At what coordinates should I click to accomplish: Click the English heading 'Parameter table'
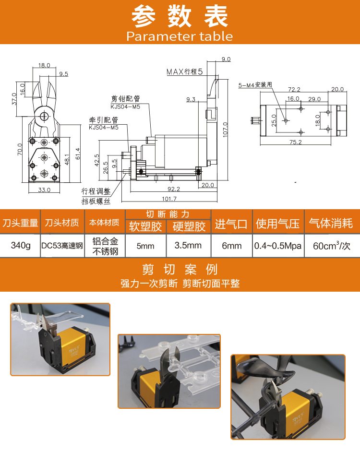tap(180, 36)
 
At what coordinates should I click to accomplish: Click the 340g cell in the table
tap(21, 245)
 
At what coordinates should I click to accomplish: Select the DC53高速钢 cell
tap(62, 246)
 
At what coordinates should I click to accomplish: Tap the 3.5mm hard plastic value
tap(188, 245)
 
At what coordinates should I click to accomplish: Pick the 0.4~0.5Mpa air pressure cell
tap(278, 246)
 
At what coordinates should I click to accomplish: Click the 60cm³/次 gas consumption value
tap(332, 246)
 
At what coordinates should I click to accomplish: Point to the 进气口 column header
tap(231, 224)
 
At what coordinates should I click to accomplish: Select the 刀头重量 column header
tap(20, 223)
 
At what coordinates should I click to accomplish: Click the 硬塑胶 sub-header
tap(189, 226)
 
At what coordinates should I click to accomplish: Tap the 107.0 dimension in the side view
tap(225, 130)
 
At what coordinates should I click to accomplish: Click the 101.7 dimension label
tap(169, 199)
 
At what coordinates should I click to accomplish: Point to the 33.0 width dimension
tap(44, 190)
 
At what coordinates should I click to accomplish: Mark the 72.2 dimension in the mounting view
tap(294, 89)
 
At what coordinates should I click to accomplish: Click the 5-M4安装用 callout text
tap(255, 85)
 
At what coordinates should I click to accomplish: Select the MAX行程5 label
tap(184, 71)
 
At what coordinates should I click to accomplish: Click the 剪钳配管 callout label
tap(125, 99)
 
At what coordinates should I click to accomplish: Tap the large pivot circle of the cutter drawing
tap(44, 116)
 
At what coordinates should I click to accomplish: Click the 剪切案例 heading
tap(180, 270)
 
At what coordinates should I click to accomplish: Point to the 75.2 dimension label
tap(296, 142)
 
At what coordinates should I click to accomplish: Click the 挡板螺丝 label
tap(96, 201)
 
